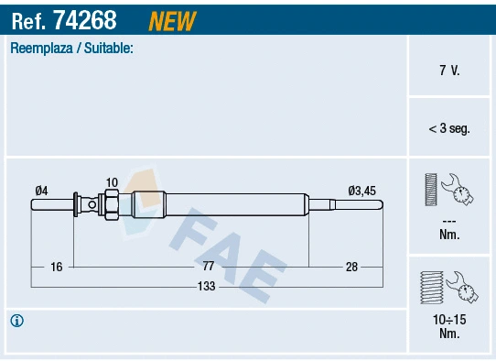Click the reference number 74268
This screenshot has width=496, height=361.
pos(92,17)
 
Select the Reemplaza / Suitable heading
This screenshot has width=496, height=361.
pos(71,49)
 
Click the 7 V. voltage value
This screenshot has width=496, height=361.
pos(449,71)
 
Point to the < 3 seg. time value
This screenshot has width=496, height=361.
pos(449,129)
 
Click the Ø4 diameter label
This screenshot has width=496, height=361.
pos(41,191)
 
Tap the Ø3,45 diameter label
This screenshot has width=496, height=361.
pos(361,191)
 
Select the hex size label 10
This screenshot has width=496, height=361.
pos(112,182)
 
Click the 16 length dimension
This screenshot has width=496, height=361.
pos(56,267)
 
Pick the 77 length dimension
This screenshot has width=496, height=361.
pos(208,267)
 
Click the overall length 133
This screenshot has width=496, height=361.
pos(208,287)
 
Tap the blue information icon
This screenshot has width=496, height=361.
pos(16,321)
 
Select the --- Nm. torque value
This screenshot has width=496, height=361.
pos(449,228)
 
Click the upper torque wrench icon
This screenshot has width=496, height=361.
pos(448,190)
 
